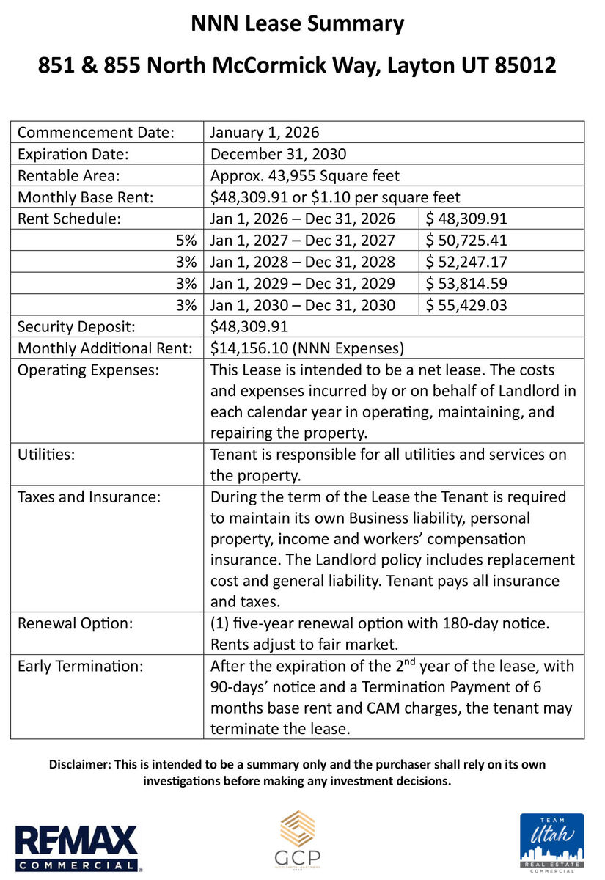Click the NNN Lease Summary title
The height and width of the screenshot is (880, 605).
tap(297, 24)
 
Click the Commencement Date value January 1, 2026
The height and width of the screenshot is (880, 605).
tap(264, 133)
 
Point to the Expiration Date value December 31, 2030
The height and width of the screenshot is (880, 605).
tap(278, 154)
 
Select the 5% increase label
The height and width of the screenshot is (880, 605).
tap(186, 240)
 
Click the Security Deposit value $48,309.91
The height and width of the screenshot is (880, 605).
tap(249, 326)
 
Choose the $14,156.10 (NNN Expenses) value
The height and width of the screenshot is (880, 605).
tap(307, 348)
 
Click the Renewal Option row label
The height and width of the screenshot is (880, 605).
tap(75, 623)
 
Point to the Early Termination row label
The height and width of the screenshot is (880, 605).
tap(80, 667)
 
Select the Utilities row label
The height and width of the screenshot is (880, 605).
tap(46, 455)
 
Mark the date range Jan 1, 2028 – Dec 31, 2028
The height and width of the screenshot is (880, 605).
tap(302, 262)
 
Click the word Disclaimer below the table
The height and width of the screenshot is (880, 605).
tap(80, 764)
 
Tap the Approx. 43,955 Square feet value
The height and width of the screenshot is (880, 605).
tap(304, 176)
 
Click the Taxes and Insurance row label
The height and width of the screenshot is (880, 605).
tap(89, 497)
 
